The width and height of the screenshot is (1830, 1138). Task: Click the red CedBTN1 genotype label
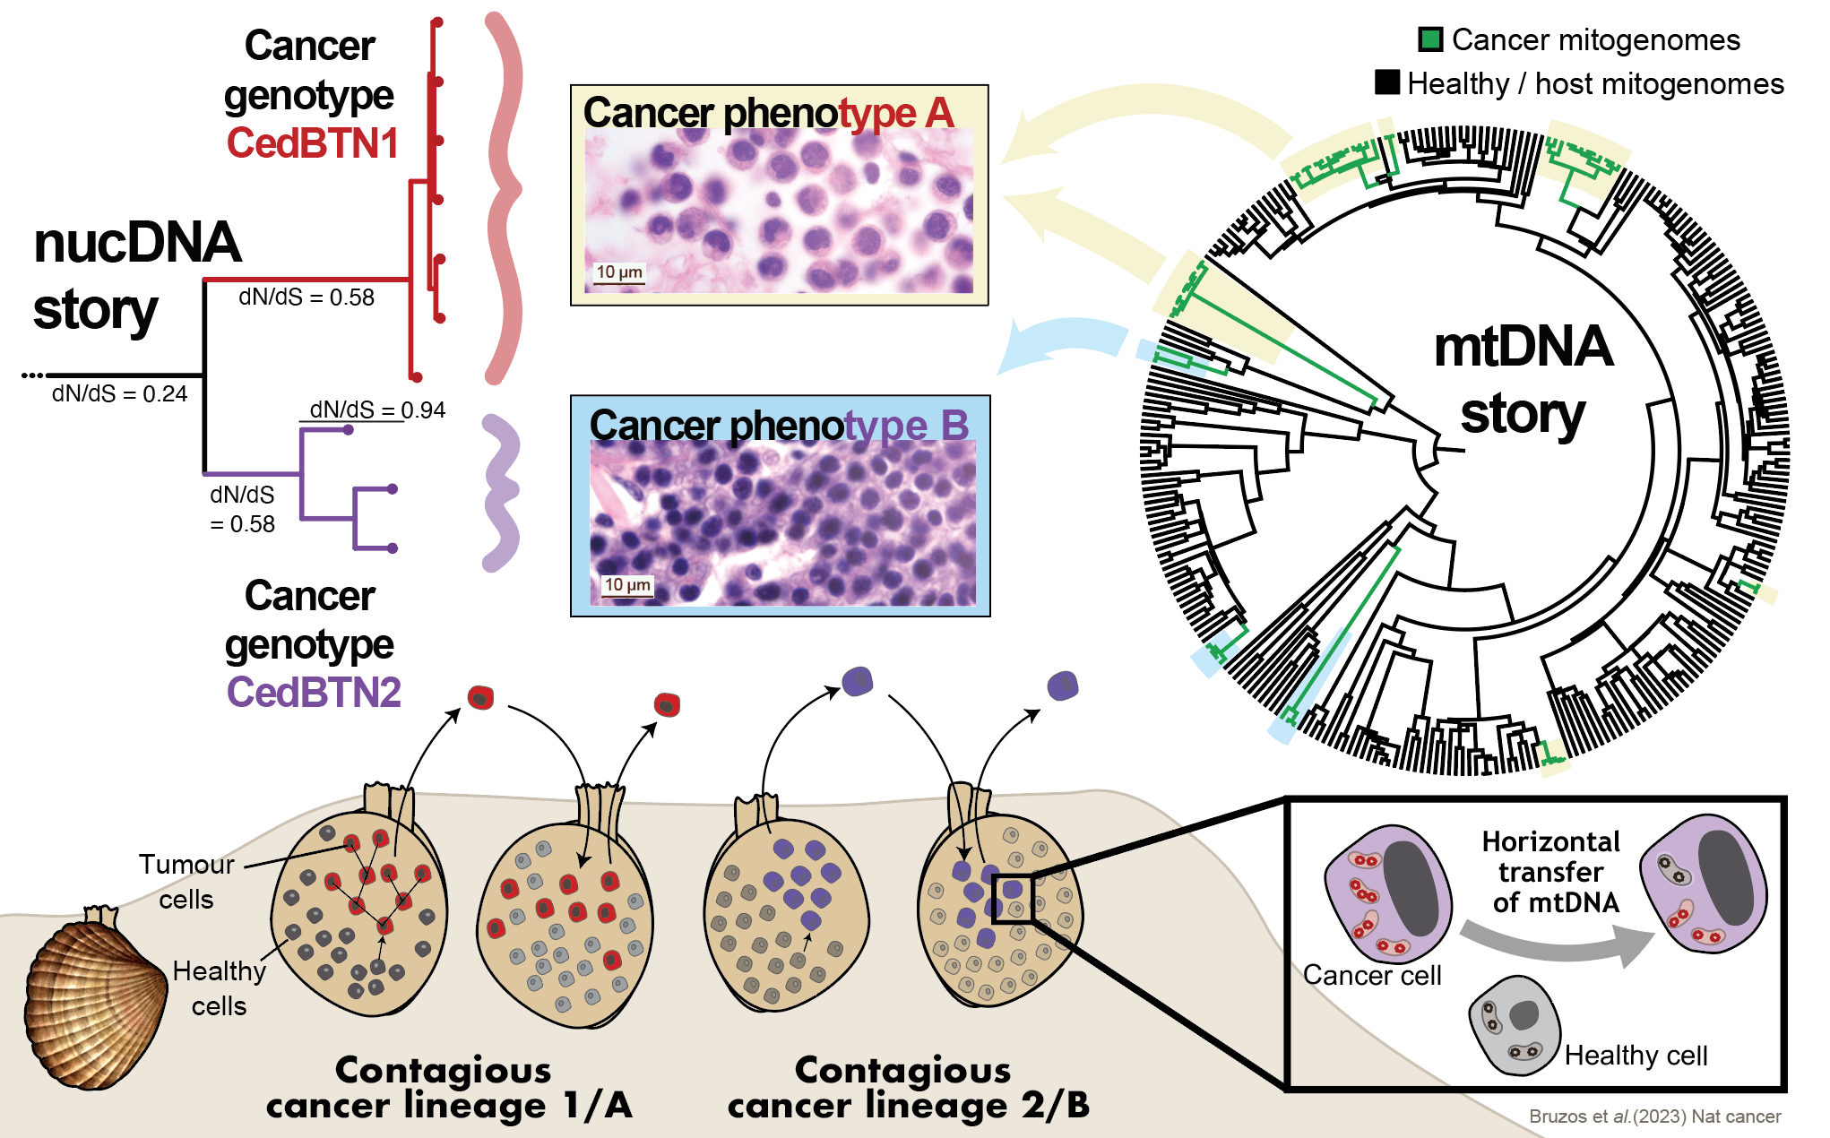(312, 143)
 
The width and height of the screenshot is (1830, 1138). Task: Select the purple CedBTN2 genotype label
(313, 693)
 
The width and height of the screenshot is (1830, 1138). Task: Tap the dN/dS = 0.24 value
(119, 394)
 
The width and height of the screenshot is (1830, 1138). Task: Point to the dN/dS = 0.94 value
(377, 410)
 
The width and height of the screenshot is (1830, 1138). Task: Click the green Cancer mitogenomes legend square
(1430, 39)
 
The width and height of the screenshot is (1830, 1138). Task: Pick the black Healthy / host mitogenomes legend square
(1387, 82)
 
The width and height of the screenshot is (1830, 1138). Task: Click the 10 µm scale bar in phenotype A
(619, 273)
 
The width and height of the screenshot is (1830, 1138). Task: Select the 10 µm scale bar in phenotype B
(627, 586)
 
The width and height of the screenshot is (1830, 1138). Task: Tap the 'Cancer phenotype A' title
(768, 113)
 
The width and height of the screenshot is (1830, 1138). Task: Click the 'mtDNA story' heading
(1523, 380)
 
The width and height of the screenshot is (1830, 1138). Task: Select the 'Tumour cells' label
(186, 882)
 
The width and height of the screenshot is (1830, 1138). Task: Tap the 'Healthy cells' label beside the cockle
(219, 988)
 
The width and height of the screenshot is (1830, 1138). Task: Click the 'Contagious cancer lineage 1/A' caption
(449, 1088)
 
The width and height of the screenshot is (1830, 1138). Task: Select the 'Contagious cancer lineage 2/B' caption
(908, 1088)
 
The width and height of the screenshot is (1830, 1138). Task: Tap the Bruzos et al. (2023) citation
(1654, 1116)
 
